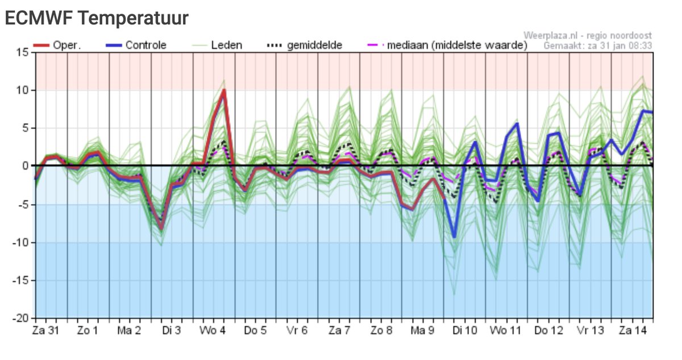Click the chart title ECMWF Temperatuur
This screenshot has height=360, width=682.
tap(96, 18)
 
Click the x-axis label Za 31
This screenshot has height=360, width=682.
tap(44, 331)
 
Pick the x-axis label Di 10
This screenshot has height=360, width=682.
tap(464, 331)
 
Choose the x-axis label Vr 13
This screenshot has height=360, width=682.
tap(589, 331)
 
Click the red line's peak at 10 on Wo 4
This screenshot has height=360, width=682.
tap(224, 90)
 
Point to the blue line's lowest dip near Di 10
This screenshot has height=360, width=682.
tap(454, 237)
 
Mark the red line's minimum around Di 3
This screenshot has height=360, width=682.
tap(161, 228)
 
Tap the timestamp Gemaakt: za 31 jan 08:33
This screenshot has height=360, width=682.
tap(597, 45)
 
